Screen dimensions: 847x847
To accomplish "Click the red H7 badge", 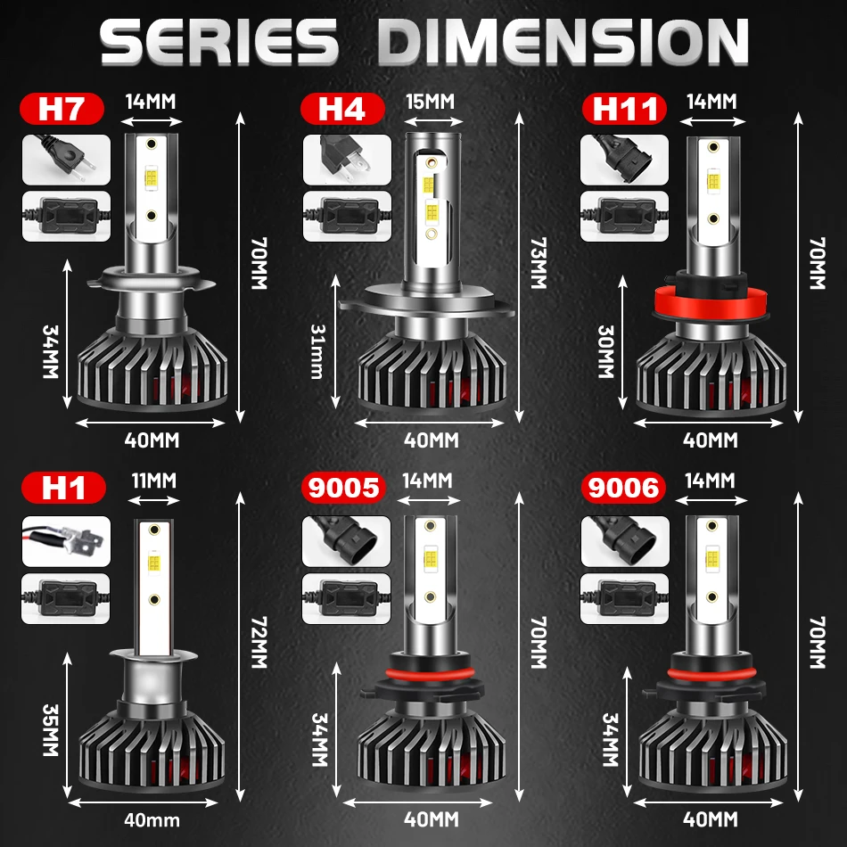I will [x=62, y=110].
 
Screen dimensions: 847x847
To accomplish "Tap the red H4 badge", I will [x=342, y=110].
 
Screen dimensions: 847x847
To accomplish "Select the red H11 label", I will [x=624, y=110].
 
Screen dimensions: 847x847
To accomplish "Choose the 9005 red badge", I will [x=343, y=489].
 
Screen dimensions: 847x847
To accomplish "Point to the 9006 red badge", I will [x=624, y=489].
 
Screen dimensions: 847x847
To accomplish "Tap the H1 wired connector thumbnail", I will [x=67, y=540].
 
